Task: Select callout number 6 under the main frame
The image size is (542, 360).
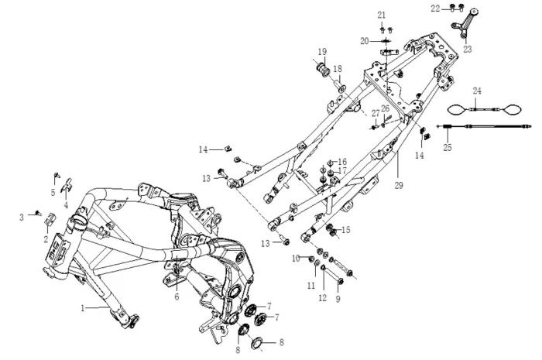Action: (x=177, y=296)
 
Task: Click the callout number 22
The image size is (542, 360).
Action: (x=436, y=8)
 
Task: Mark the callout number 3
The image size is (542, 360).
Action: (x=22, y=218)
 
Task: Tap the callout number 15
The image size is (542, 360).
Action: (x=345, y=229)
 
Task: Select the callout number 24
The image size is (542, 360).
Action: (x=477, y=91)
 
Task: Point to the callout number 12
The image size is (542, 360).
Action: (x=322, y=298)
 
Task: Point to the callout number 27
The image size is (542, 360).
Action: (x=376, y=113)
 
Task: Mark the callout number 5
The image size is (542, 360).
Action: (x=53, y=193)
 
